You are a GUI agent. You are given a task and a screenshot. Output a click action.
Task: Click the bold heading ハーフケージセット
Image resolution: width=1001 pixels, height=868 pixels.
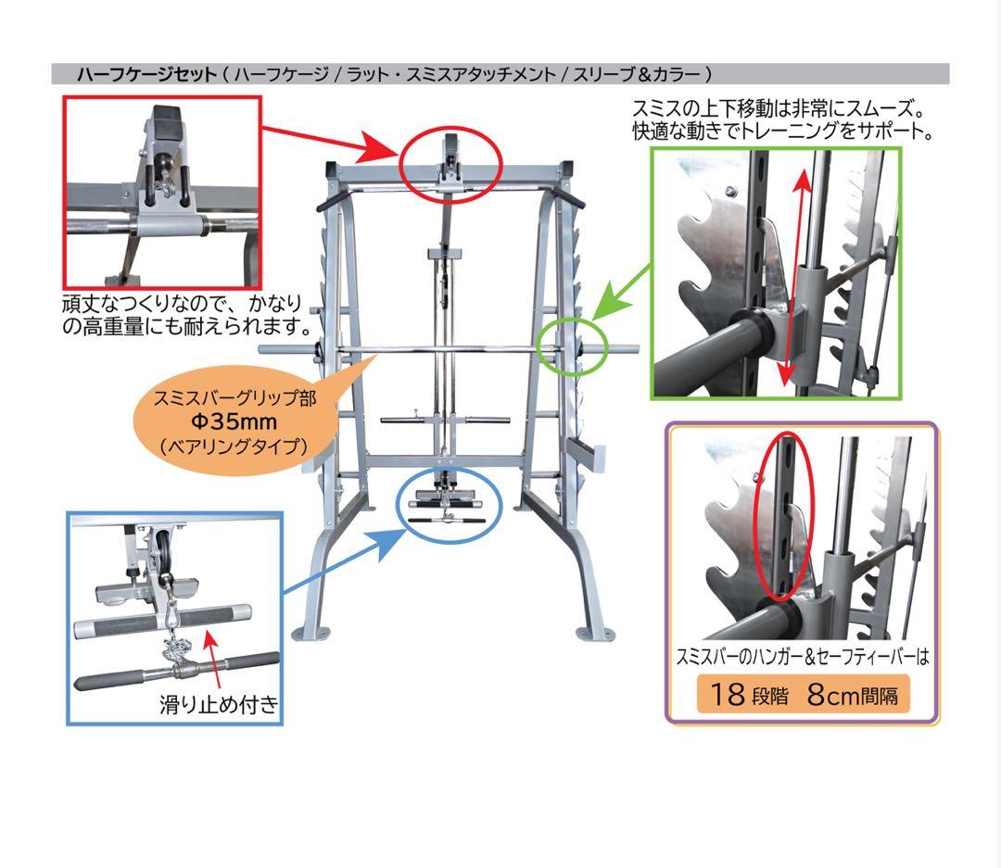(146, 74)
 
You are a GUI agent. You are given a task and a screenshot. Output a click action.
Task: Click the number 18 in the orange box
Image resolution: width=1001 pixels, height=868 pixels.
(729, 694)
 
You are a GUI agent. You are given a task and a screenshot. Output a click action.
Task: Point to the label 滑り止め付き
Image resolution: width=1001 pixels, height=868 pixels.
(220, 705)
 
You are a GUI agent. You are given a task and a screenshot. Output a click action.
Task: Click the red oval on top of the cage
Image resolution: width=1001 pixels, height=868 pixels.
(451, 164)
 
